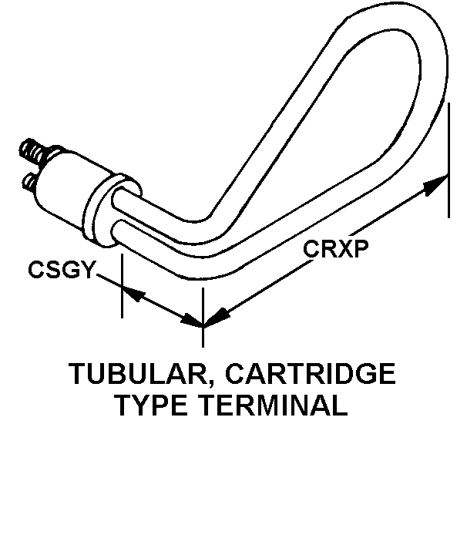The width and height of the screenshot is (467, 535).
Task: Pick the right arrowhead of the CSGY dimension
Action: pos(193,319)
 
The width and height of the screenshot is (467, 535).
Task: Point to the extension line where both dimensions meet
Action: pos(203,308)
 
